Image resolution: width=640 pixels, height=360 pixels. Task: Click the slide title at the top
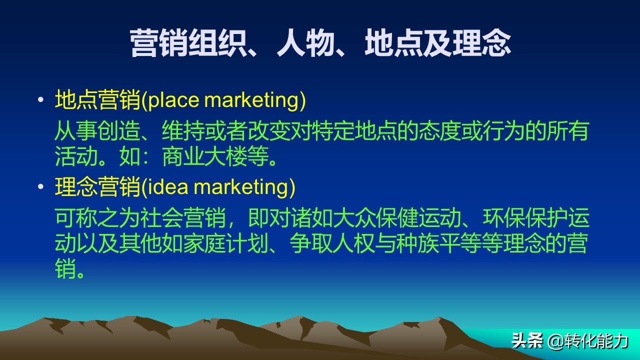coord(320,43)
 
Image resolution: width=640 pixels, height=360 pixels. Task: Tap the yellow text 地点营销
coord(97,100)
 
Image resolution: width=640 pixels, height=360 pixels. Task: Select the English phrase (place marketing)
coord(223,100)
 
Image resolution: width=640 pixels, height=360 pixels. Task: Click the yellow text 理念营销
coord(97,187)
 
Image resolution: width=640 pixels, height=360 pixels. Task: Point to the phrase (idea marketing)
coord(218,187)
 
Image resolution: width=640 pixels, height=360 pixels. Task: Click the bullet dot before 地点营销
coord(40,100)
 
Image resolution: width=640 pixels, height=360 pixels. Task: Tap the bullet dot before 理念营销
coord(40,187)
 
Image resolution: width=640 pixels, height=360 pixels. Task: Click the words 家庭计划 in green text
coord(225,244)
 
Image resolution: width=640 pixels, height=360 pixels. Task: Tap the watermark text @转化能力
coord(587,341)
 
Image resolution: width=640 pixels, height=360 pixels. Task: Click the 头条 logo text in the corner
coord(527,341)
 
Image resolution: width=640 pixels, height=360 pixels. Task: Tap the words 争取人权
coord(332,244)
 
